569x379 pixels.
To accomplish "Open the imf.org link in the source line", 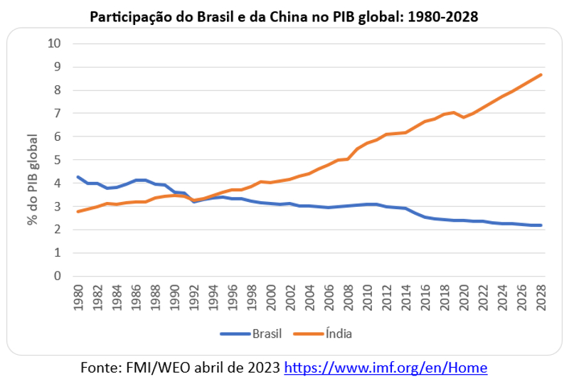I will (x=385, y=368).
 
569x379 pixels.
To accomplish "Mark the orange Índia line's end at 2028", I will (x=541, y=75).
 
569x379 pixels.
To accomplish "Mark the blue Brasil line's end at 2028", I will (x=541, y=225).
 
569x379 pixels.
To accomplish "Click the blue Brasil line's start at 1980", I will (x=78, y=177).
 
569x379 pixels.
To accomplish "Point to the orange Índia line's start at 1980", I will (x=78, y=211).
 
